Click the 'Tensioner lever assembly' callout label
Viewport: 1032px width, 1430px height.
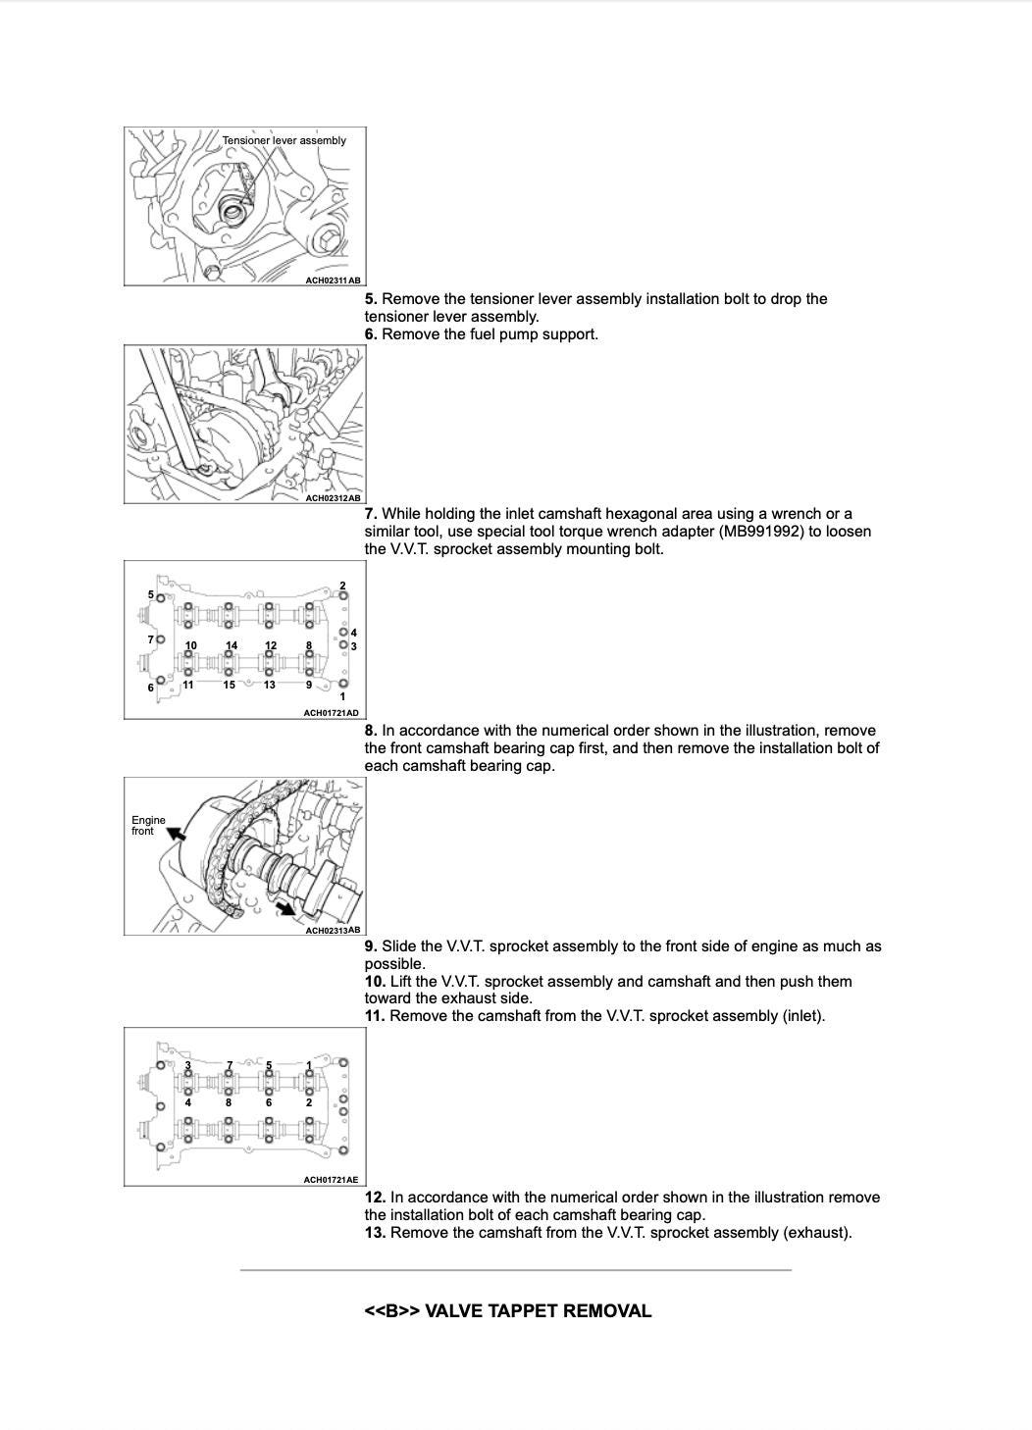pyautogui.click(x=284, y=140)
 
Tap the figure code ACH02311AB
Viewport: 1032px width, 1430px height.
pyautogui.click(x=333, y=281)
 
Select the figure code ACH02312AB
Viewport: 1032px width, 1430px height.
pyautogui.click(x=333, y=498)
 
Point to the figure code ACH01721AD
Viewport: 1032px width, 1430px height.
pyautogui.click(x=331, y=713)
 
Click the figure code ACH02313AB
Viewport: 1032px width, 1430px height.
pyautogui.click(x=333, y=930)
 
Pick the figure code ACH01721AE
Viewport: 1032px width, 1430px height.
pyautogui.click(x=331, y=1180)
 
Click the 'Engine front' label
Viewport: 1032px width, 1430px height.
pyautogui.click(x=148, y=825)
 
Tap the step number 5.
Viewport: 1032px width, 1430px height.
pyautogui.click(x=370, y=299)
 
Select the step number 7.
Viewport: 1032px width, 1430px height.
pyautogui.click(x=370, y=514)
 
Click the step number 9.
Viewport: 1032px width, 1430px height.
pyautogui.click(x=370, y=946)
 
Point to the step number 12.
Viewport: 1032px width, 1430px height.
pyautogui.click(x=374, y=1198)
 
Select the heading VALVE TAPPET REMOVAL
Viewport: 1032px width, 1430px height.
pyautogui.click(x=538, y=1311)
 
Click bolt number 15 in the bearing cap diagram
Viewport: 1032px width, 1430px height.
pyautogui.click(x=229, y=685)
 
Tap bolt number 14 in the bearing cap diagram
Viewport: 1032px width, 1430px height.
pyautogui.click(x=232, y=645)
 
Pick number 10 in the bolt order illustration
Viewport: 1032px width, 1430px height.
pyautogui.click(x=190, y=645)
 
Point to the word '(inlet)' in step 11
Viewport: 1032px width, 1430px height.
pyautogui.click(x=803, y=1016)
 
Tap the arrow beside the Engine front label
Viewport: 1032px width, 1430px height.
pyautogui.click(x=177, y=834)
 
